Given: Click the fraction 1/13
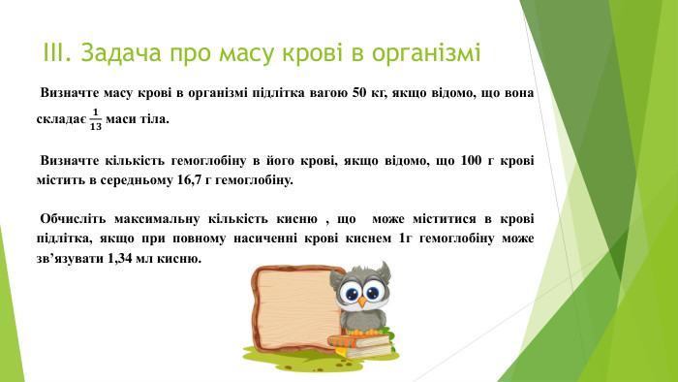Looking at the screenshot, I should tap(95, 119).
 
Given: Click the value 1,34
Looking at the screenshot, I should tap(110, 260).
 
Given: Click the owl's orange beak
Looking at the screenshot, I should tap(360, 302).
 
